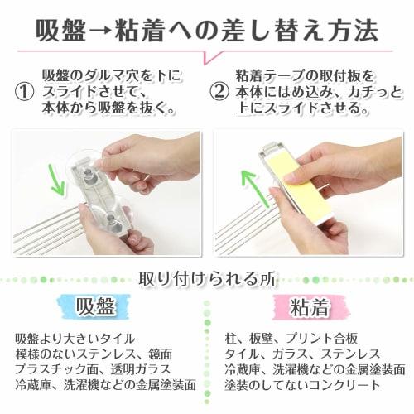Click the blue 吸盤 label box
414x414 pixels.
[x=96, y=306]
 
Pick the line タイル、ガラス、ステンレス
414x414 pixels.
[x=291, y=354]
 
